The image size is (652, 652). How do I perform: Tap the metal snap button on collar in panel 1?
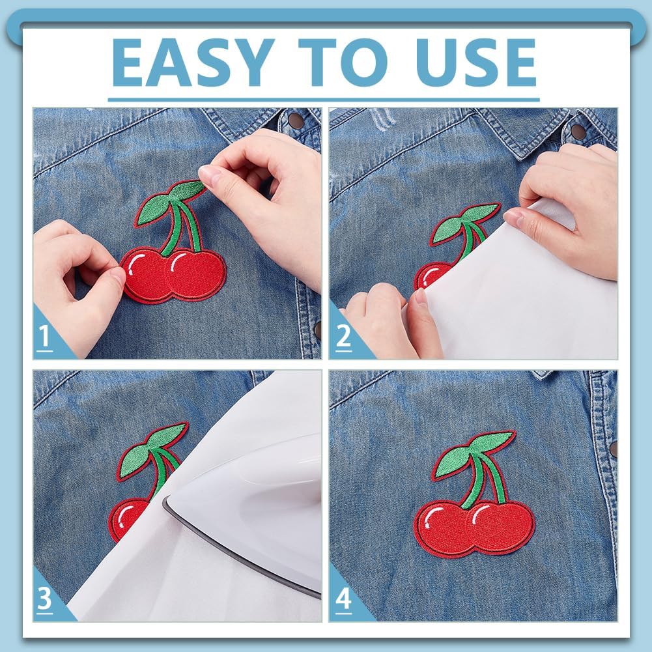coord(295,120)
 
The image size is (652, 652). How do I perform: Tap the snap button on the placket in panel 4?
coord(613,448)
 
